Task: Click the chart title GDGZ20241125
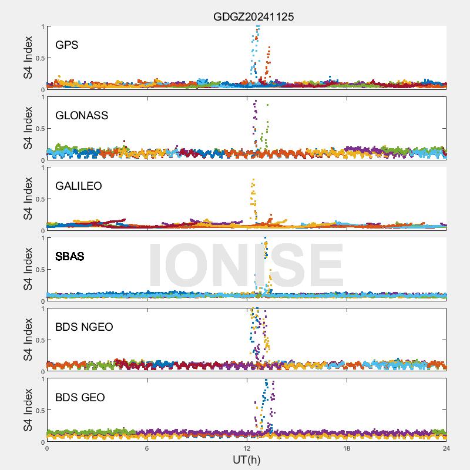coord(253,16)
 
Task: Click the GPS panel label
coord(67,45)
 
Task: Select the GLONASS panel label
coord(82,115)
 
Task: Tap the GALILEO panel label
coord(78,186)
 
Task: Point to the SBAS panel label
coord(69,256)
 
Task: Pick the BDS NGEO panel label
coord(84,327)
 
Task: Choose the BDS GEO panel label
coord(80,397)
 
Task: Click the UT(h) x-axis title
coord(247,459)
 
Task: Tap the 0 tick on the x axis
coord(47,448)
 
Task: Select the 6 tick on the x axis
coord(147,448)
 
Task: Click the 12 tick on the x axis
coord(247,448)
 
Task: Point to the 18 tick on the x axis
coord(347,448)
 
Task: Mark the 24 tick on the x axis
coord(446,448)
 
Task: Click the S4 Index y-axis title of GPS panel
coord(28,58)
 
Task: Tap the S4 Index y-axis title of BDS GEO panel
coord(28,410)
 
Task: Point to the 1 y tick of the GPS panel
coord(42,26)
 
